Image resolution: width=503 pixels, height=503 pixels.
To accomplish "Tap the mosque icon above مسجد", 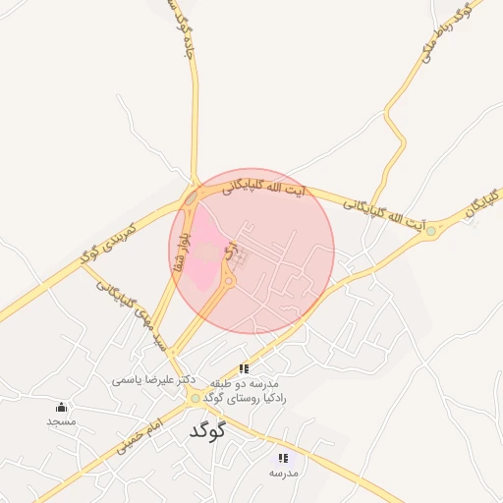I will tap(61, 407).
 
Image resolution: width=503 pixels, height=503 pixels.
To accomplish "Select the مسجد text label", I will tap(61, 420).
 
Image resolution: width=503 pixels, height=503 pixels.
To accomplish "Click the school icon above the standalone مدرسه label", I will tap(283, 458).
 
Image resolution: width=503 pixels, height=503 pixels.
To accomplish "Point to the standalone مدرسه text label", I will tap(283, 473).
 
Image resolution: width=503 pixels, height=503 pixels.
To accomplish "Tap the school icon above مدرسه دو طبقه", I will tap(244, 368).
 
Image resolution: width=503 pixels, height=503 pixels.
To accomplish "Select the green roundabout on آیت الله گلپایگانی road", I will tap(430, 231).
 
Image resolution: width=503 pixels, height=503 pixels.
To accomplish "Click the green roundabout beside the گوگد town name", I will tap(196, 398).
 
